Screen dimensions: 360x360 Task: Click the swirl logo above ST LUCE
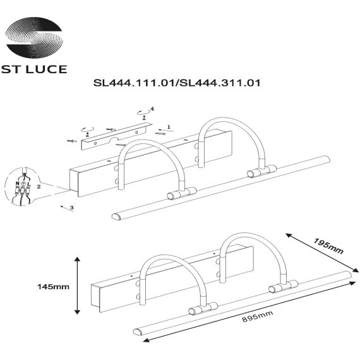(34, 37)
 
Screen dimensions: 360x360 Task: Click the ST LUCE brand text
(34, 68)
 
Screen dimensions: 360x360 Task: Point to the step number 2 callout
(39, 187)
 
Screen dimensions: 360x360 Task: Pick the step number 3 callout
(73, 207)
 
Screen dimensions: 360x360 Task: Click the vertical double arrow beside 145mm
(77, 285)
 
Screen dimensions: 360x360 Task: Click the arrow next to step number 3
(63, 206)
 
